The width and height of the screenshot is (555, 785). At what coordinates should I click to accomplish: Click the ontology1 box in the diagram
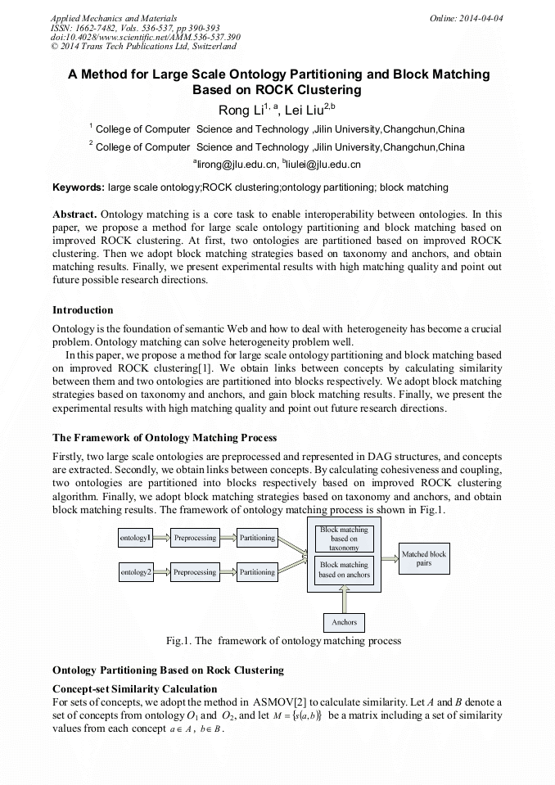click(x=136, y=538)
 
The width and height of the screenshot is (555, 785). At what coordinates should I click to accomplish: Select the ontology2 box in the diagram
click(x=136, y=572)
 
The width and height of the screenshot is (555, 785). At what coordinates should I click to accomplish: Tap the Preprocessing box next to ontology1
click(x=195, y=538)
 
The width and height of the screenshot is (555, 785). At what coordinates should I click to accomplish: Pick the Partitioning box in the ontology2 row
click(x=257, y=572)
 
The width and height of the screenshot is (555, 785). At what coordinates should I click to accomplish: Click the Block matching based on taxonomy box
click(x=344, y=539)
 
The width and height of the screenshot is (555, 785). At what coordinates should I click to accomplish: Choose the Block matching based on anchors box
click(x=344, y=570)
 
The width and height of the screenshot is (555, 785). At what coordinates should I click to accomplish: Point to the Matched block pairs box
click(x=424, y=558)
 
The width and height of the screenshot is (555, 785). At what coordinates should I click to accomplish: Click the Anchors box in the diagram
click(x=344, y=622)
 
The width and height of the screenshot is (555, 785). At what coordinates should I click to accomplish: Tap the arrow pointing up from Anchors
click(x=344, y=602)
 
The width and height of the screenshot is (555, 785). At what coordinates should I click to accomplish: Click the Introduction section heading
click(x=83, y=310)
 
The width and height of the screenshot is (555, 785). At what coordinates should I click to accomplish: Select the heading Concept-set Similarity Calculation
click(x=134, y=688)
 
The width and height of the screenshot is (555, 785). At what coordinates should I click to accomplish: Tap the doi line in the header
click(x=146, y=37)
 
